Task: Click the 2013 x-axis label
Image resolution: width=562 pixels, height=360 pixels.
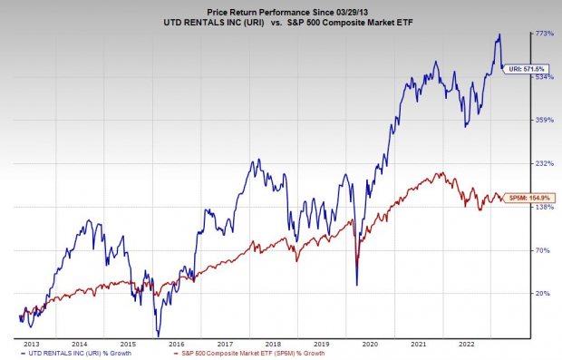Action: coord(31,345)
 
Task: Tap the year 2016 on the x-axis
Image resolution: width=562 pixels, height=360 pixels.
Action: coord(177,345)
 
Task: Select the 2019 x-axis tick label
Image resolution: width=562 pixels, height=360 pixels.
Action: coord(323,345)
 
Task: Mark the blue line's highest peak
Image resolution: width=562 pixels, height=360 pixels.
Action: coord(499,35)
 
